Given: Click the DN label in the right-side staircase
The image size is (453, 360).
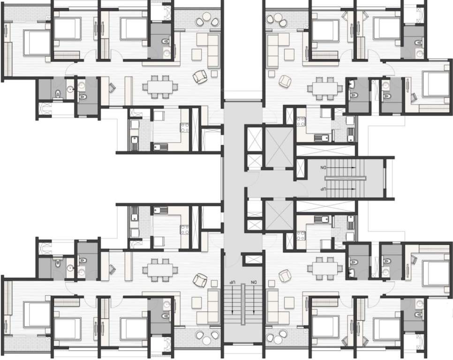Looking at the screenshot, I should pyautogui.click(x=323, y=167).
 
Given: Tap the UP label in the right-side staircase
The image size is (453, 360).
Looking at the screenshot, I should pyautogui.click(x=323, y=188).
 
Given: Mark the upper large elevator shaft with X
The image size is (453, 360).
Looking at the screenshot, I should pyautogui.click(x=279, y=143).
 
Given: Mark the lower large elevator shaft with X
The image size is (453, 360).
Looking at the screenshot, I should pyautogui.click(x=279, y=214).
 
